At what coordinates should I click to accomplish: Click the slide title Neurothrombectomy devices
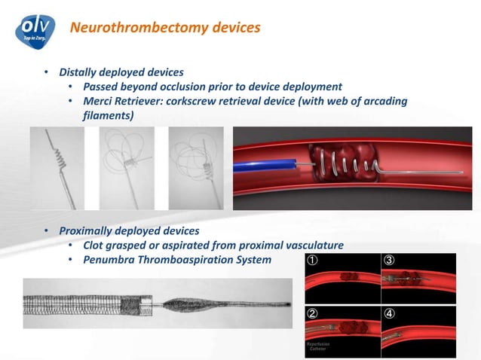[x=164, y=28]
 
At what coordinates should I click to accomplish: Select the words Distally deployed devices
[x=121, y=72]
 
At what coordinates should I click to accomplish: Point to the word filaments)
[x=108, y=115]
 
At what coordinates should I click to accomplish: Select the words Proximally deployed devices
[x=129, y=230]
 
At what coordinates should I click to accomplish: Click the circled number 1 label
[x=311, y=261]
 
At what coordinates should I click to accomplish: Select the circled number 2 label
[x=311, y=313]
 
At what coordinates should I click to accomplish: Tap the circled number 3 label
[x=389, y=261]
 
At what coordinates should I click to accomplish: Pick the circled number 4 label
[x=389, y=313]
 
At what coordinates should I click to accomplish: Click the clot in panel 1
[x=348, y=277]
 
